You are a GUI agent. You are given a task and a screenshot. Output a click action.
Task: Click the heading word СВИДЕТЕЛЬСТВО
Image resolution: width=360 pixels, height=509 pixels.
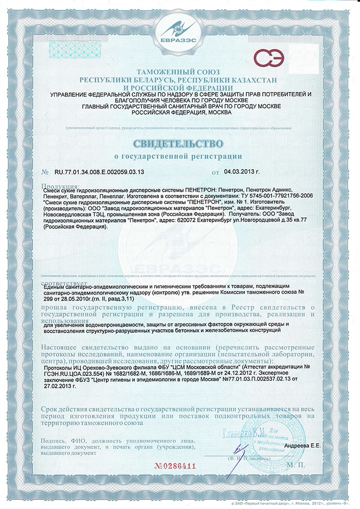click(x=179, y=142)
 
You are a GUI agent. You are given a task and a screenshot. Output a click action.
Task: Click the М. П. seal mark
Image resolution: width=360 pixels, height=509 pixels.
click(x=302, y=466)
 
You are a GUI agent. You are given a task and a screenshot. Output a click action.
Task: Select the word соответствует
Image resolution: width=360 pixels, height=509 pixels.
click(x=63, y=282)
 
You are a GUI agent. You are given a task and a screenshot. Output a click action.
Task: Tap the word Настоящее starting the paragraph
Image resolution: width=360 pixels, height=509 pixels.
click(x=62, y=348)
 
